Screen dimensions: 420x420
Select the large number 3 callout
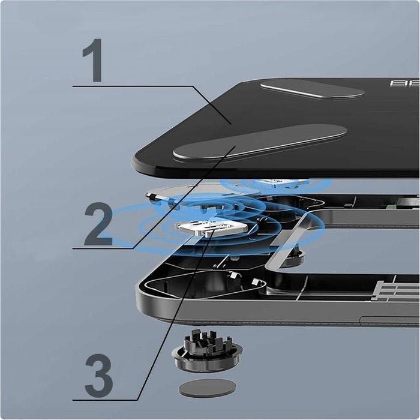point(98,376)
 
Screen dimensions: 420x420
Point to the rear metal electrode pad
point(312,89)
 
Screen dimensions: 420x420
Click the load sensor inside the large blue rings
point(211,227)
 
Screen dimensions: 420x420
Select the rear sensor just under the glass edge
point(279,182)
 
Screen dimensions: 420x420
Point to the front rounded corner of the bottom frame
point(144,306)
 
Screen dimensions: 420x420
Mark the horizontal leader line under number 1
point(132,86)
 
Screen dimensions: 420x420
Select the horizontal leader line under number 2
point(102,248)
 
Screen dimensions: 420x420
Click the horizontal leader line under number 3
point(105,400)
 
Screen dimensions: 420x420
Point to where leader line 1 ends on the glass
point(231,123)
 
